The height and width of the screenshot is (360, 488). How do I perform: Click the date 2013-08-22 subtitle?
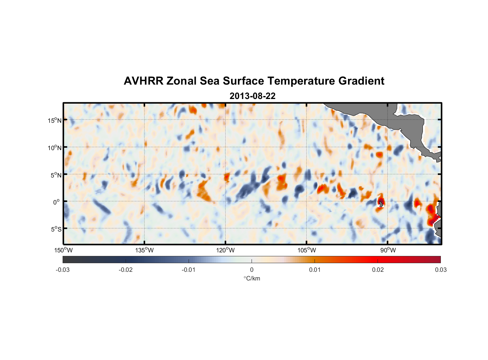pos(252,96)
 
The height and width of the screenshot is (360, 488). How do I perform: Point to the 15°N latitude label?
pos(55,120)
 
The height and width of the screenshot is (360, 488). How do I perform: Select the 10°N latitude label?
pos(55,148)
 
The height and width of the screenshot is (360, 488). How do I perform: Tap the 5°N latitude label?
pos(56,175)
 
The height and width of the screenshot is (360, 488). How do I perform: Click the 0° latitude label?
pos(57,202)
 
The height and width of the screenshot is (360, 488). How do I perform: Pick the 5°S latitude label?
pos(56,229)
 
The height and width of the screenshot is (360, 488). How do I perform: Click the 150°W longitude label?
pos(64,250)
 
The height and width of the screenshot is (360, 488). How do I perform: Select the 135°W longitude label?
pos(145,250)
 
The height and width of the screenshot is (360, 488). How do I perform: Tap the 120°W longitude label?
pos(226,250)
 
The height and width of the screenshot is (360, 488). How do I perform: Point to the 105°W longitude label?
pos(307,250)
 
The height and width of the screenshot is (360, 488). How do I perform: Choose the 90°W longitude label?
pos(388,250)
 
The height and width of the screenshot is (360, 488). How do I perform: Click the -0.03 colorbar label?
pos(63,270)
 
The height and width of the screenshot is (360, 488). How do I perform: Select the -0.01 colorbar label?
pos(189,270)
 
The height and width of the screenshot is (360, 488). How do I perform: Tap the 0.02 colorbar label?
pos(378,270)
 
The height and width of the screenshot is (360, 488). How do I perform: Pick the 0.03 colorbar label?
pos(440,270)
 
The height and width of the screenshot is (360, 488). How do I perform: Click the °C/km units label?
pos(252,278)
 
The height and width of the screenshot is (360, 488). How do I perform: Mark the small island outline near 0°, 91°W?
pos(381,204)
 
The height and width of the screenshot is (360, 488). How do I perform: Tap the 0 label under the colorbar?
pos(252,270)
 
